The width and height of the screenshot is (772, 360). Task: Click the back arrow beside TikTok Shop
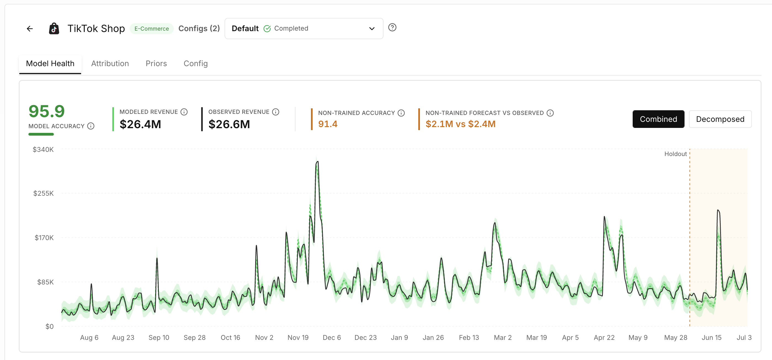[30, 29]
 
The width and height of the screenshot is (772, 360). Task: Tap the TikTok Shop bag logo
[54, 29]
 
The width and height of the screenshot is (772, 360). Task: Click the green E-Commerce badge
[152, 29]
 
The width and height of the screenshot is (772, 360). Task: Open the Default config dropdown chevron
[372, 29]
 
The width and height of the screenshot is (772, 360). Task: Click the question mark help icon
[392, 28]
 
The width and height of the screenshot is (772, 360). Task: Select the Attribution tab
[110, 63]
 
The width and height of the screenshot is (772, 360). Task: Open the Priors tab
[156, 63]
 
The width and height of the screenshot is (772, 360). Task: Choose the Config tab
[196, 63]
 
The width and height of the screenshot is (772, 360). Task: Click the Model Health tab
[50, 63]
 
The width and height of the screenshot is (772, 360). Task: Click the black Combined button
[658, 119]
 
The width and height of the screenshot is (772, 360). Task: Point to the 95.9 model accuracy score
[46, 111]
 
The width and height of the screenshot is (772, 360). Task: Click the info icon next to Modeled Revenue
[184, 112]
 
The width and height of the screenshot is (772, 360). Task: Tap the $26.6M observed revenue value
[229, 124]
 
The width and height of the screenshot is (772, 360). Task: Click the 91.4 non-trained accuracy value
[328, 124]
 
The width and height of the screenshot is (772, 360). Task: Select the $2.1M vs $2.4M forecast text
[460, 124]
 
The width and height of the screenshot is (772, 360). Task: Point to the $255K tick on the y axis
[43, 194]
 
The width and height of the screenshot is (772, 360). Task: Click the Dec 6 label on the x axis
[332, 338]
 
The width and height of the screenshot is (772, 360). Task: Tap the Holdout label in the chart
[675, 154]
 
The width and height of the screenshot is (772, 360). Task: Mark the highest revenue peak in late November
[317, 162]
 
